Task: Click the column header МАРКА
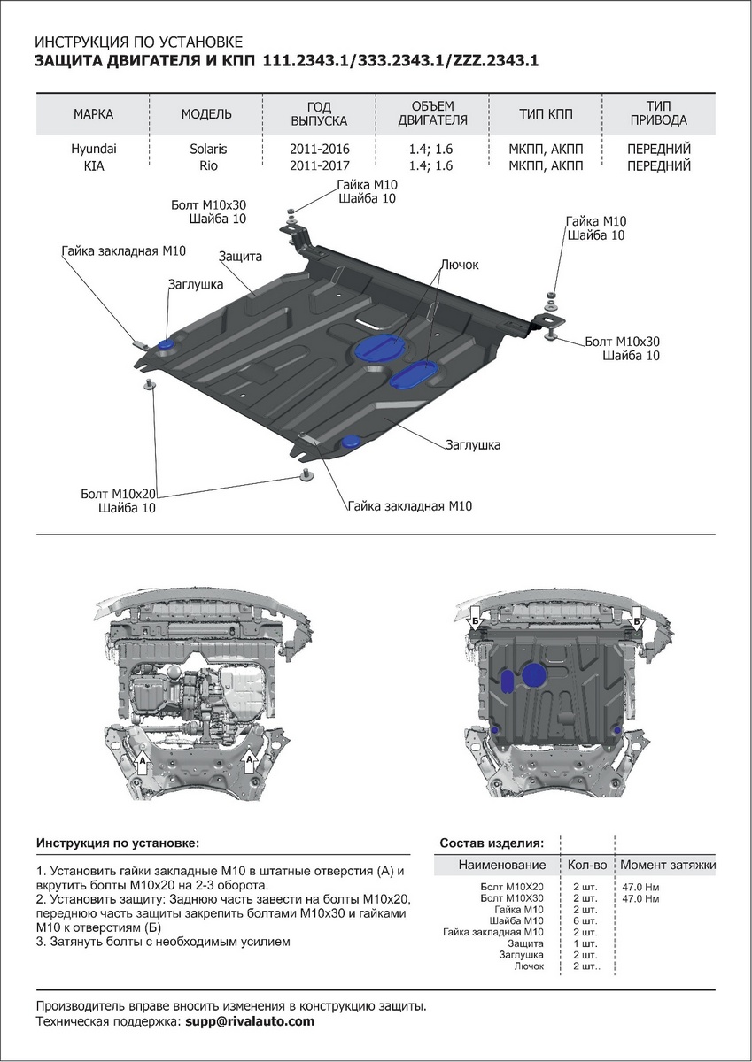coord(93,114)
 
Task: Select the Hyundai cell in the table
coord(93,150)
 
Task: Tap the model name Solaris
coord(207,150)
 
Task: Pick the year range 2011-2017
coord(320,165)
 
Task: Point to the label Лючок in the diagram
coord(459,265)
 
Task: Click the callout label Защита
coord(240,257)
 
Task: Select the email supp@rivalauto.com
coord(250,1021)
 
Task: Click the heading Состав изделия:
coord(492,843)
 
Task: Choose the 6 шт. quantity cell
coord(585,920)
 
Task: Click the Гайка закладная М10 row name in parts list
coord(492,932)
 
